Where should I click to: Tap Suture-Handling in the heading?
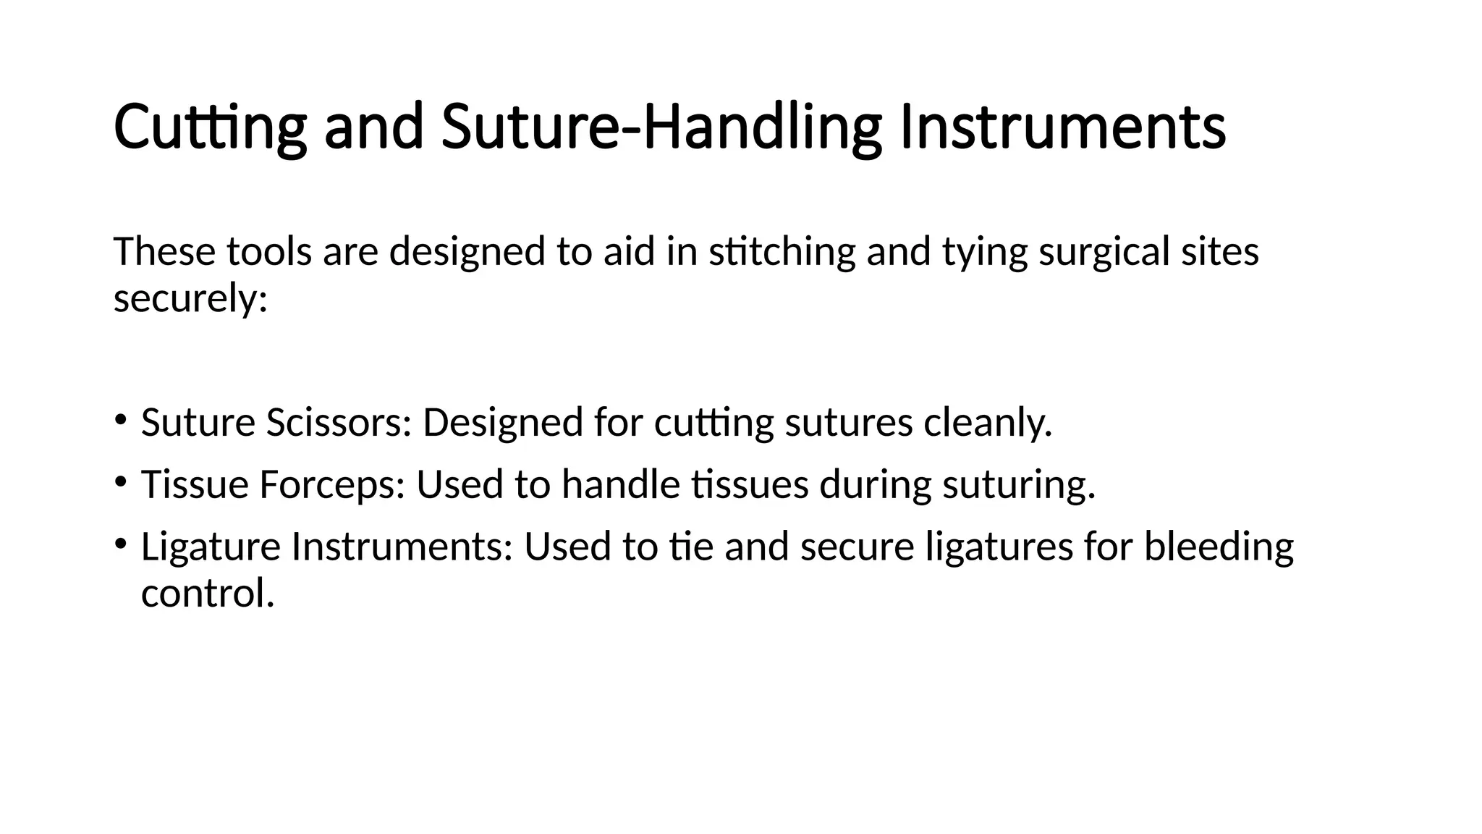coord(661,127)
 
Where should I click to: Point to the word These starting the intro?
coord(164,252)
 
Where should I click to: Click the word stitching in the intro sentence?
coord(782,252)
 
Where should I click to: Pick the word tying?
coord(984,253)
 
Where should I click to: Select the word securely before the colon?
coord(190,298)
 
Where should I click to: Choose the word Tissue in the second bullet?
coord(195,484)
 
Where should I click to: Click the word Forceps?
coord(331,485)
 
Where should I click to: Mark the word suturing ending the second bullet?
coord(1018,485)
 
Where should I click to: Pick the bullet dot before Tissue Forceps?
coord(121,480)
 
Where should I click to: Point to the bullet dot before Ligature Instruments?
coord(121,542)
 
